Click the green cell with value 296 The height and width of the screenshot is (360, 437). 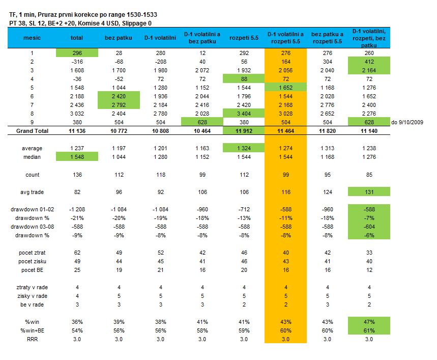[x=77, y=52]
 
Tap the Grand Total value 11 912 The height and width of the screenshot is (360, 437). [x=244, y=131]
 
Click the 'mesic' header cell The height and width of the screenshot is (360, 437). [x=32, y=38]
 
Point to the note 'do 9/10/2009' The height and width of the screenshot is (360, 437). [x=407, y=122]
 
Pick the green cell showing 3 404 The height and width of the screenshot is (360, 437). [x=244, y=114]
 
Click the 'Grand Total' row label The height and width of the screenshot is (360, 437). [x=32, y=131]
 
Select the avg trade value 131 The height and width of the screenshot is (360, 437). [x=369, y=192]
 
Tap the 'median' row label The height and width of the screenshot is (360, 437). [x=32, y=157]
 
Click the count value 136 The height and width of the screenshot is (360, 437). [x=77, y=175]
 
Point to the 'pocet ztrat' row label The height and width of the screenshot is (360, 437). [x=32, y=253]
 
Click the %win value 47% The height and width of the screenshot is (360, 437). [x=369, y=322]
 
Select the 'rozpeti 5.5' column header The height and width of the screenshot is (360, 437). [x=244, y=38]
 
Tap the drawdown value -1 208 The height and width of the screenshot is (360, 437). [x=77, y=209]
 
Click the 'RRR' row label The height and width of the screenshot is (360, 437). [x=32, y=339]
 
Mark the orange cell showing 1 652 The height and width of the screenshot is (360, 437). [x=285, y=88]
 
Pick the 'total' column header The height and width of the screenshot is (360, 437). [x=77, y=38]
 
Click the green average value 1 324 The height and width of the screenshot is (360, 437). [x=244, y=148]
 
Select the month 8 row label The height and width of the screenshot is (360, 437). [x=32, y=114]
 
